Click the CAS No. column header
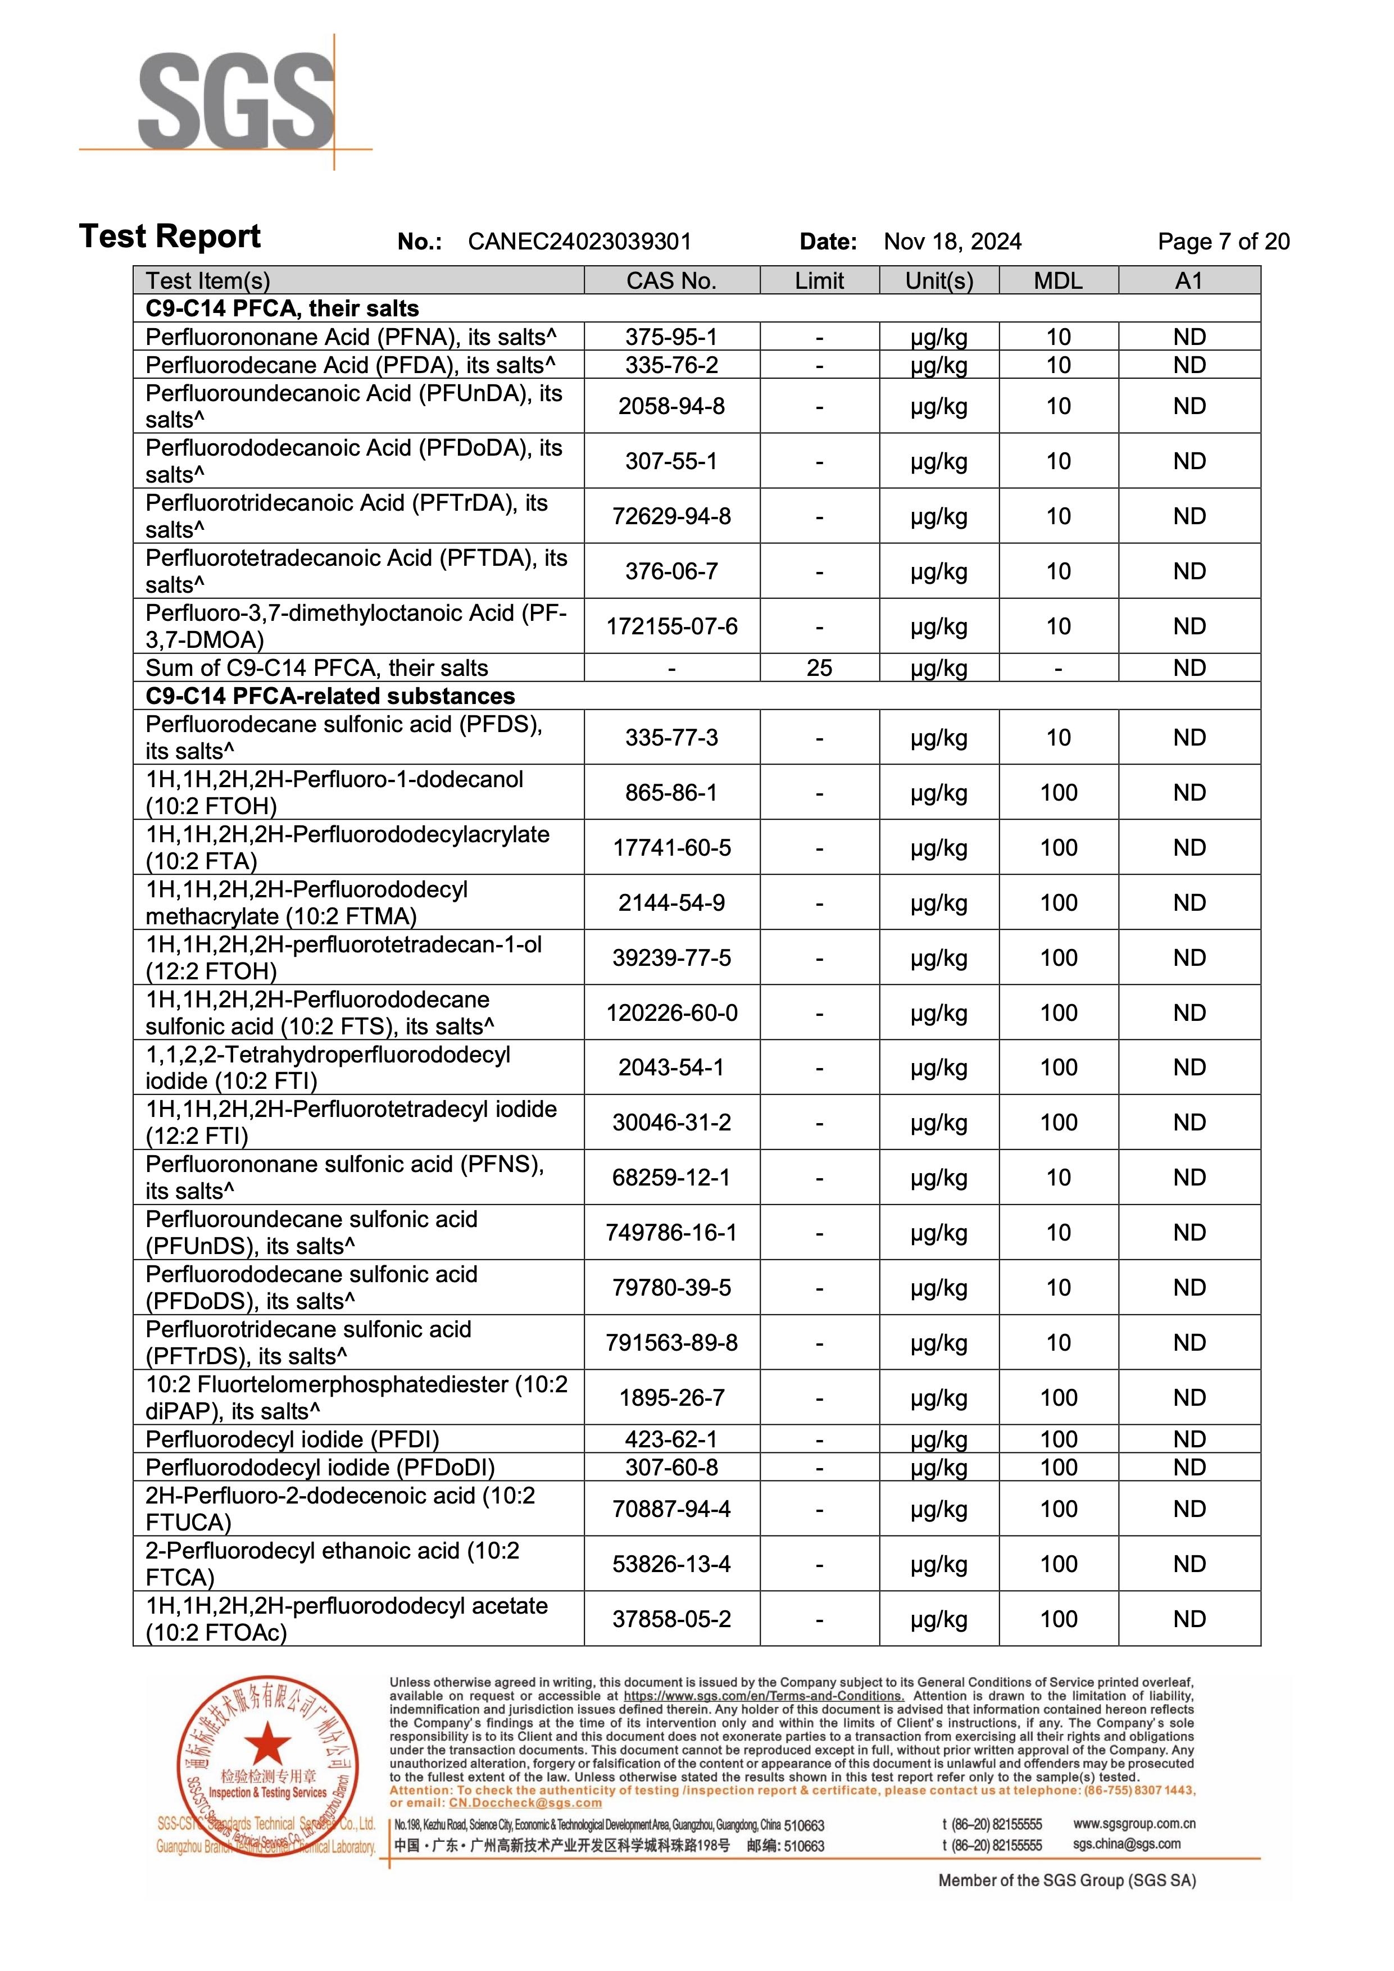(x=671, y=281)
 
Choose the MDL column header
(x=1059, y=281)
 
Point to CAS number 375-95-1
(x=671, y=337)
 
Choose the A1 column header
(x=1189, y=281)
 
